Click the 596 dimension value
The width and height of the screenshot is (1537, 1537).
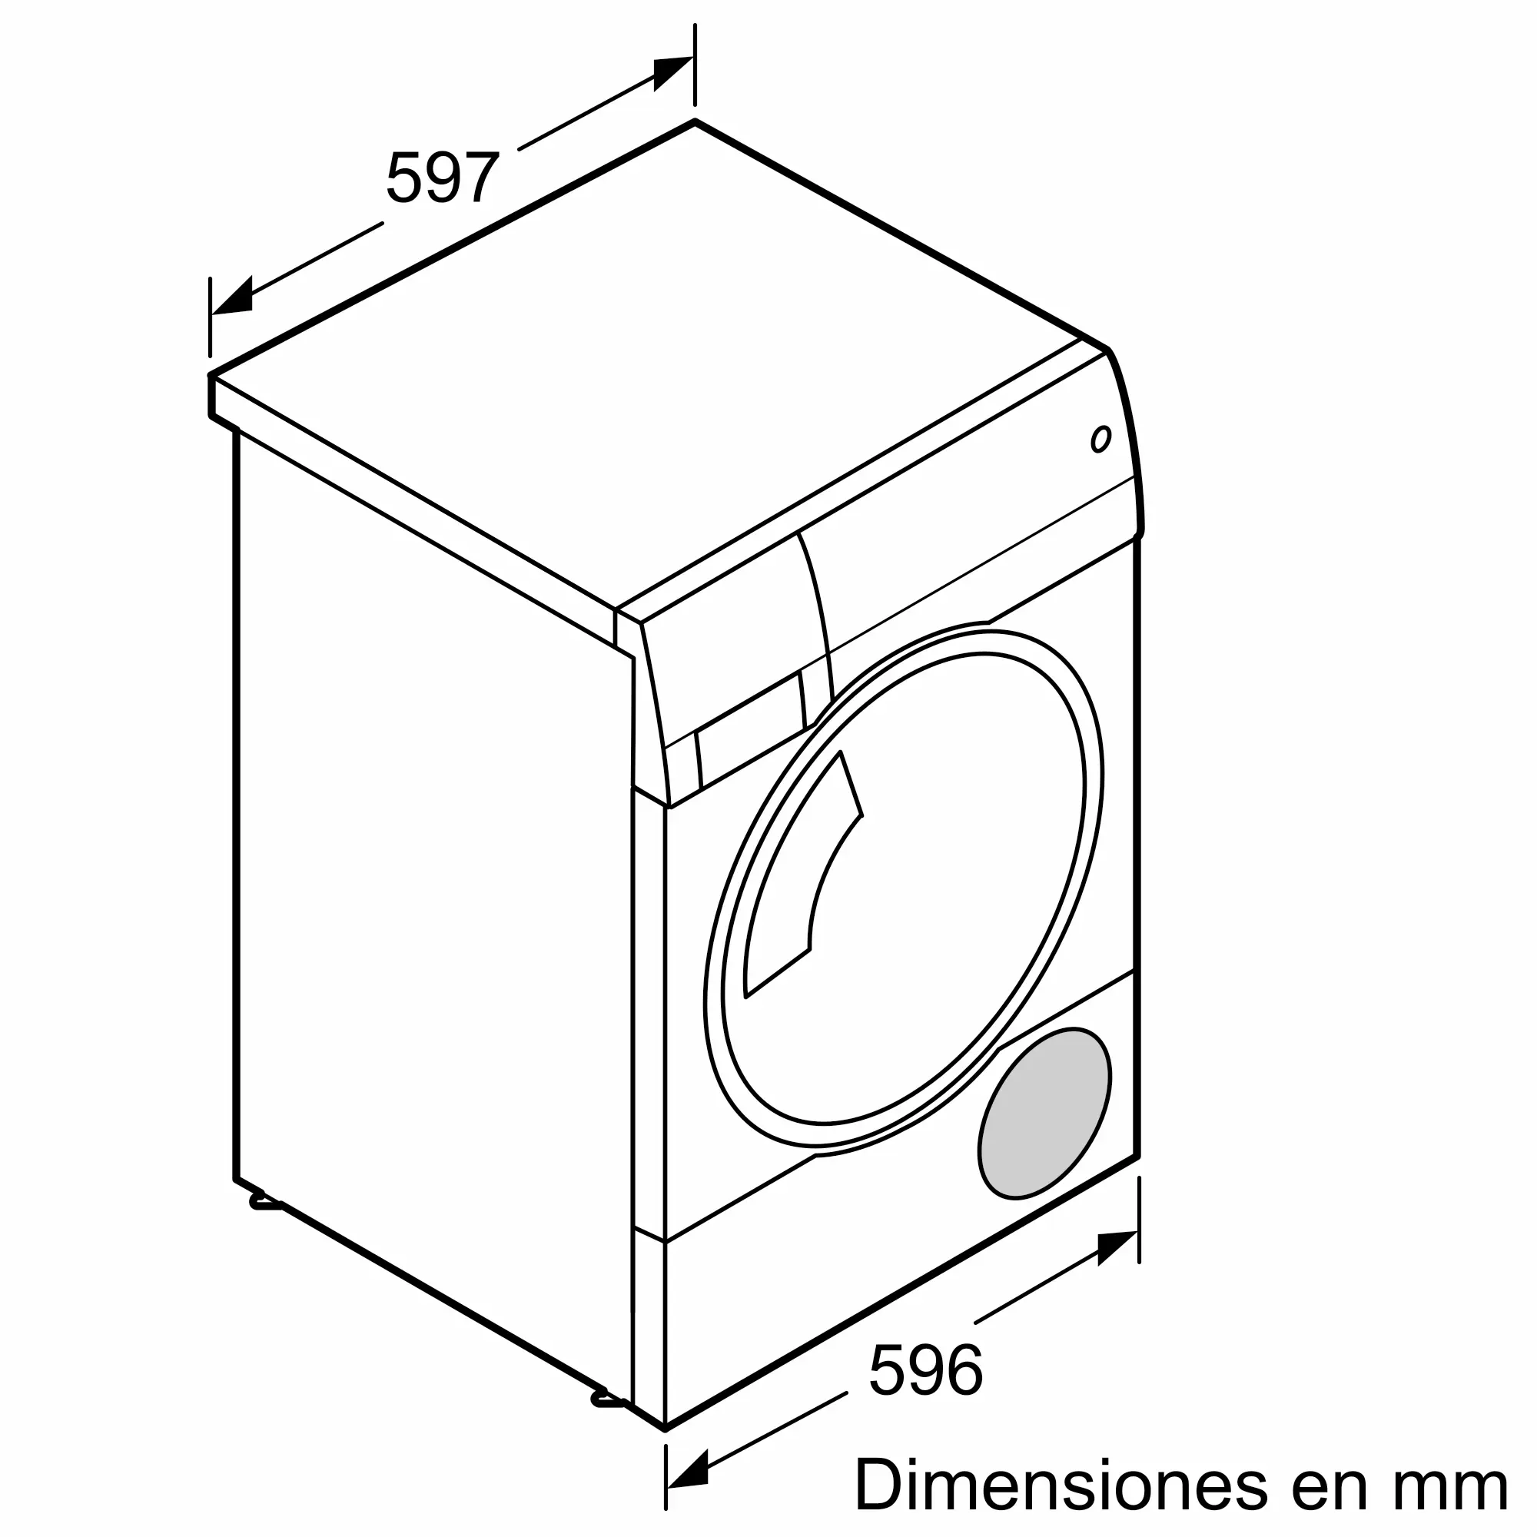point(926,1370)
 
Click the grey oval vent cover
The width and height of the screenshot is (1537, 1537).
point(1044,1114)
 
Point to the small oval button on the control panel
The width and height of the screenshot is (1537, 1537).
point(1100,439)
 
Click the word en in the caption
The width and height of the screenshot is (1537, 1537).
point(1320,1485)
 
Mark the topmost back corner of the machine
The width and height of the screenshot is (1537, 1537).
point(695,122)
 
